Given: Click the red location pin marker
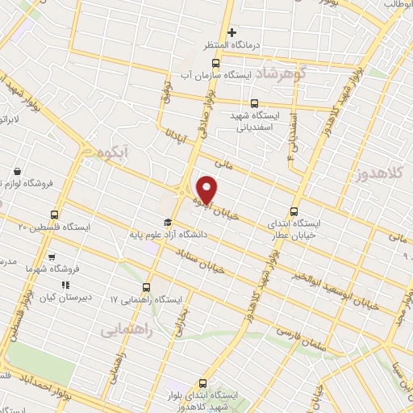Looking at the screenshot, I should pos(208,188).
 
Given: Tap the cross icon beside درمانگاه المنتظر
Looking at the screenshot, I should pos(232,33).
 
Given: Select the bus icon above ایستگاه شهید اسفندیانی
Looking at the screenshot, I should pos(255,103).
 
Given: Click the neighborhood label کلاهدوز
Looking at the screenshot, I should pos(381,173).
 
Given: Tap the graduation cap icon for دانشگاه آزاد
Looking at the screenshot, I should pos(167,223).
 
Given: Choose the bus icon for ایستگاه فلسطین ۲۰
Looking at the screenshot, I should pos(54,215).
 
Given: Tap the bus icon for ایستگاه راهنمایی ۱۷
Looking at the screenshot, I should pos(146,288).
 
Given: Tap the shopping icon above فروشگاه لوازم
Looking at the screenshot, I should pos(17,172).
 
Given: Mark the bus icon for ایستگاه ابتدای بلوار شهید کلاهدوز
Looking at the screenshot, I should pos(202,383).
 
